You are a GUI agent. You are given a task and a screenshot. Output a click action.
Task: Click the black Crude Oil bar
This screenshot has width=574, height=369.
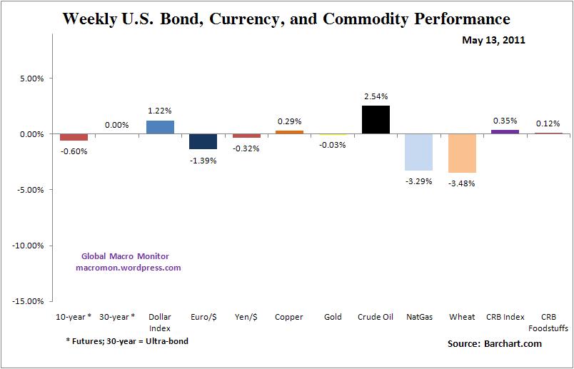point(376,120)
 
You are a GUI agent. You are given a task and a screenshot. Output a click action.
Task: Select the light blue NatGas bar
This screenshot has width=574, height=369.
point(418,152)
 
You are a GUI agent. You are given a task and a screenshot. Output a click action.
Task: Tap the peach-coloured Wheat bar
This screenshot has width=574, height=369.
point(462,153)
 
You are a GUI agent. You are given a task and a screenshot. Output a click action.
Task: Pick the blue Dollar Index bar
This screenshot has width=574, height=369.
point(159,127)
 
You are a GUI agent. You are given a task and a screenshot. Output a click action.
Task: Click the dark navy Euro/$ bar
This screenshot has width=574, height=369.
point(203,141)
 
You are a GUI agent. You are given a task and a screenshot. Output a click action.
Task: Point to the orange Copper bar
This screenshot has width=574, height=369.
point(289,132)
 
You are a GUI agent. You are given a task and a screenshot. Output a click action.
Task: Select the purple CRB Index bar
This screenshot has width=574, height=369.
point(505,132)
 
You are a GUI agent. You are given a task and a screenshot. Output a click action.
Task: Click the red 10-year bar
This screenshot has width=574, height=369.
point(74,137)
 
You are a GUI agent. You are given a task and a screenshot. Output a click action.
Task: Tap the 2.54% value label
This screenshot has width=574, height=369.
point(376,96)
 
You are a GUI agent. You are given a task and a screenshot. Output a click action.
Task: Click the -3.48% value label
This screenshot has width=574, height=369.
point(462,183)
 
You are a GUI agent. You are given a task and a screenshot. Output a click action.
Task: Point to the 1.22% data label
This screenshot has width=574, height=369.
point(159,111)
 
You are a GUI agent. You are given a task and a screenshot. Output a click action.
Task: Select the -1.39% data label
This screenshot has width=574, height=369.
point(203,160)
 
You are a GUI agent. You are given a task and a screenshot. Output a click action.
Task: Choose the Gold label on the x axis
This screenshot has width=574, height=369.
point(333,317)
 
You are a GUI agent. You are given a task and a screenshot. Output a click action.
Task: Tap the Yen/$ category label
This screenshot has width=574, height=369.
point(246,317)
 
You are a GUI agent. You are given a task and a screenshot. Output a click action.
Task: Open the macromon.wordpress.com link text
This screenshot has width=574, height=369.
point(129,268)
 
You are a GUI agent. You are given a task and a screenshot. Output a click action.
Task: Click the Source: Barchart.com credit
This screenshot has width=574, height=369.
point(494,344)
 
